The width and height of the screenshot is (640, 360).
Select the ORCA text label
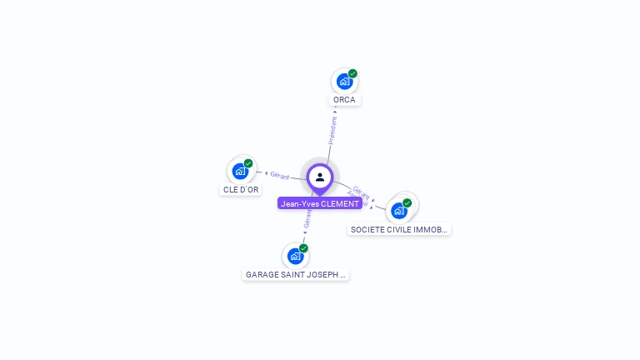click(344, 100)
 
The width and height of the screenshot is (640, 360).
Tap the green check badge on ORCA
click(352, 73)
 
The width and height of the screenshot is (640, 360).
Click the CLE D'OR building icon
click(240, 171)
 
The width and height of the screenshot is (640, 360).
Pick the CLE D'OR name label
click(241, 190)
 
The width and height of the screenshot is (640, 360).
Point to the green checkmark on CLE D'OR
click(248, 163)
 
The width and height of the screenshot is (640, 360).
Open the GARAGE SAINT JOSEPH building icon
click(295, 256)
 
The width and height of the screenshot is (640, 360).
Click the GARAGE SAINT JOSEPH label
click(296, 274)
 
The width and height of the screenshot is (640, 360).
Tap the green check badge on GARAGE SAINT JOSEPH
click(303, 248)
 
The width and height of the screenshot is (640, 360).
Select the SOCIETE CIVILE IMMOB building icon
click(398, 211)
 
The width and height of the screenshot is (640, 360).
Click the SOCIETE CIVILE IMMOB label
click(400, 229)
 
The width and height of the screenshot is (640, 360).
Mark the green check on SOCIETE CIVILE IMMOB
click(407, 202)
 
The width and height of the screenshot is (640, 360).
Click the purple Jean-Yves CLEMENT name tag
click(320, 203)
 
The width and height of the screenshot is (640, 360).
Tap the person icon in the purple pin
click(320, 177)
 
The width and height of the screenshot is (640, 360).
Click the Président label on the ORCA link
click(332, 131)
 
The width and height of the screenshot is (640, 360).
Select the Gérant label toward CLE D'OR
click(280, 175)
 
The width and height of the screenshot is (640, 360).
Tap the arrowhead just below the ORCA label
click(335, 111)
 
